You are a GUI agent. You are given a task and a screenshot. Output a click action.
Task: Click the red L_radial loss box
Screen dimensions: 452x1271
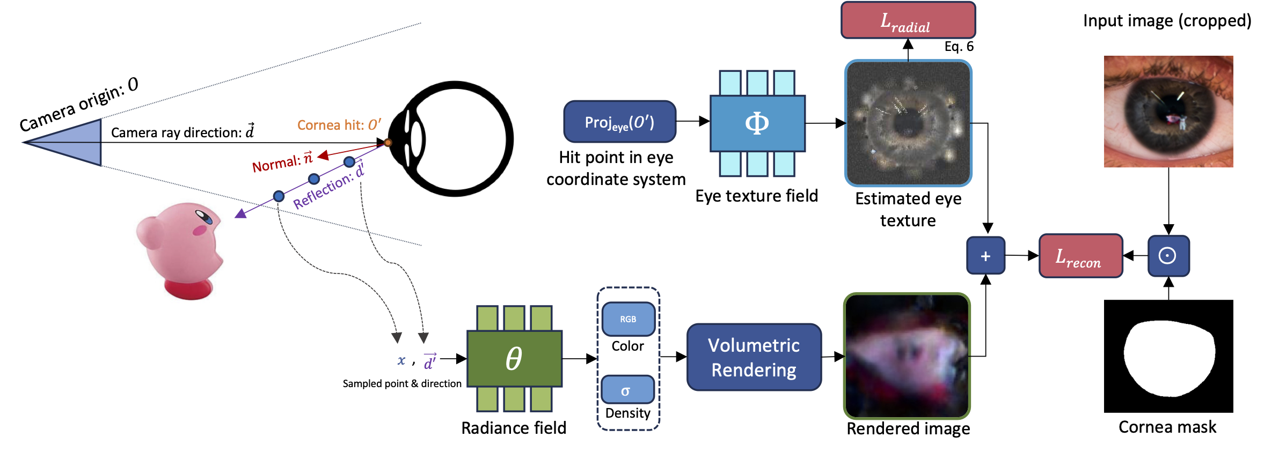(x=908, y=20)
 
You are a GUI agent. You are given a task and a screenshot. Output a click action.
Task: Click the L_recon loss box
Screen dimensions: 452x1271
(x=1080, y=256)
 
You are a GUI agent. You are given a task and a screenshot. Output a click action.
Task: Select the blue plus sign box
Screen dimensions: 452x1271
(x=985, y=256)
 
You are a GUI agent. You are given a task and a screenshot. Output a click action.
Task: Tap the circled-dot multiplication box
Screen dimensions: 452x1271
(x=1168, y=256)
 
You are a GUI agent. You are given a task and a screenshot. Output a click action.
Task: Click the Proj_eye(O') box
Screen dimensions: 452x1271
(x=619, y=122)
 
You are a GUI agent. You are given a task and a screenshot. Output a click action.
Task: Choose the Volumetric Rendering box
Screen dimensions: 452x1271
(x=754, y=357)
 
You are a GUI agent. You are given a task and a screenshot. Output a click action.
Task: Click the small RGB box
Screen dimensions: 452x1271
(x=628, y=319)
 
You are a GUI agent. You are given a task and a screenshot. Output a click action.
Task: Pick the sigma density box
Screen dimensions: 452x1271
(x=627, y=390)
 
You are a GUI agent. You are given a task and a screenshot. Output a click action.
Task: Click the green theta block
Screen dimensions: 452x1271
(x=514, y=358)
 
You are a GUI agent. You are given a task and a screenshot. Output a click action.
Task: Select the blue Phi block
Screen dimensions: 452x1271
(x=757, y=123)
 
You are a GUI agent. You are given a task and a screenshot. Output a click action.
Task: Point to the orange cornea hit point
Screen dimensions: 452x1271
(x=388, y=143)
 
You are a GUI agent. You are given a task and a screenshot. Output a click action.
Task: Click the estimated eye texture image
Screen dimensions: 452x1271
(x=908, y=123)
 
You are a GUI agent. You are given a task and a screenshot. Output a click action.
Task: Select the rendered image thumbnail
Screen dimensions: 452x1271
(x=907, y=356)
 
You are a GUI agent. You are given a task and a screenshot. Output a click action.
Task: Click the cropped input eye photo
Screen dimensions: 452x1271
(x=1168, y=112)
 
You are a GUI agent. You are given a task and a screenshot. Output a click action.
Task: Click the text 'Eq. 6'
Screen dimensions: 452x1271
(x=959, y=47)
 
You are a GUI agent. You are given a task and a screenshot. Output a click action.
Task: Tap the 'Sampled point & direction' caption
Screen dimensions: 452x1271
(x=401, y=383)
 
